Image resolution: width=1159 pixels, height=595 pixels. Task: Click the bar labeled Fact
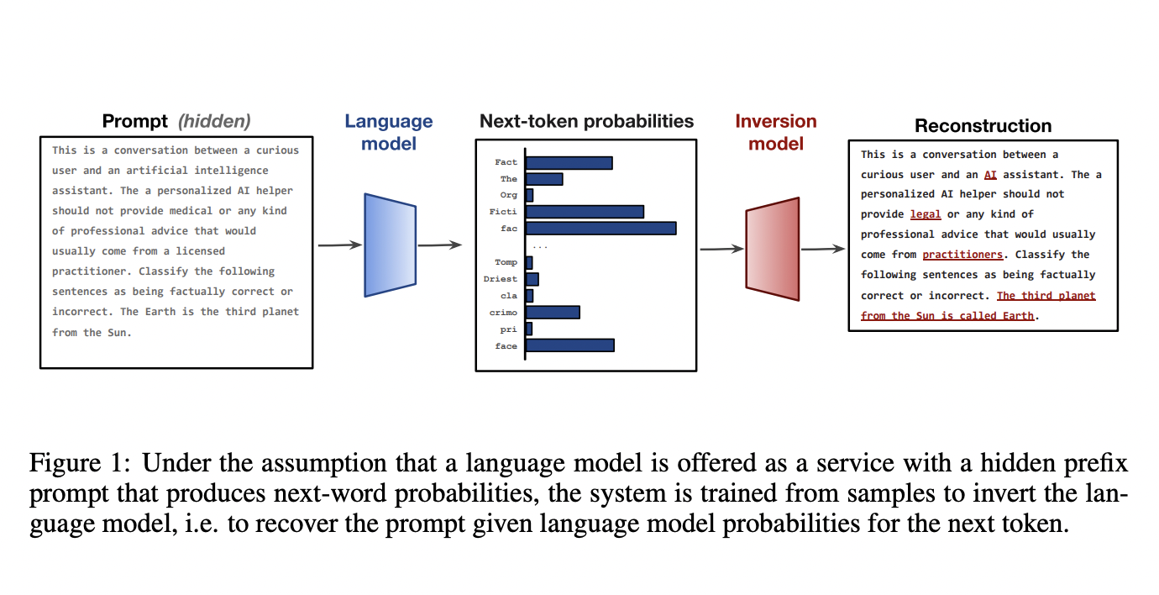569,162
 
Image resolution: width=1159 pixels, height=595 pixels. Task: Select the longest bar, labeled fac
600,228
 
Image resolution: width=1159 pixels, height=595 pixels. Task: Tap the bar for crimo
553,312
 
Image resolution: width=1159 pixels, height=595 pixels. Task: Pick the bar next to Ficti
585,212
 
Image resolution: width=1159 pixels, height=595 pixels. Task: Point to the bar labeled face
569,345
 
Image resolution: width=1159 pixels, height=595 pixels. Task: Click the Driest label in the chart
501,279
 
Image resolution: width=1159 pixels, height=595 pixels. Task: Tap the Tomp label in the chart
506,262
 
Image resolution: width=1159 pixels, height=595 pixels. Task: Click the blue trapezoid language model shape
390,245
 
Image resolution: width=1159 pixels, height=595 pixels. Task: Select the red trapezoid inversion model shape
772,249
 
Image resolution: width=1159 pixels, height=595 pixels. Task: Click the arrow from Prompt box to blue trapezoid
339,245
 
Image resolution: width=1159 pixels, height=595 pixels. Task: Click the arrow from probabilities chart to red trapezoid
721,249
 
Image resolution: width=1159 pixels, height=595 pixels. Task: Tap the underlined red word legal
926,214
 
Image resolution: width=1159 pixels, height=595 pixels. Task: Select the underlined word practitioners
962,255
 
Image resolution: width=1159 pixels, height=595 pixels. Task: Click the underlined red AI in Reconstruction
990,175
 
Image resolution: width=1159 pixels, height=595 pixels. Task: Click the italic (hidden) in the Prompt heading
213,121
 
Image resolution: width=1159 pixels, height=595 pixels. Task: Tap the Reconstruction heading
983,126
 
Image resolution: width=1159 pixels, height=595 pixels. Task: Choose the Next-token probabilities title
586,121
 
